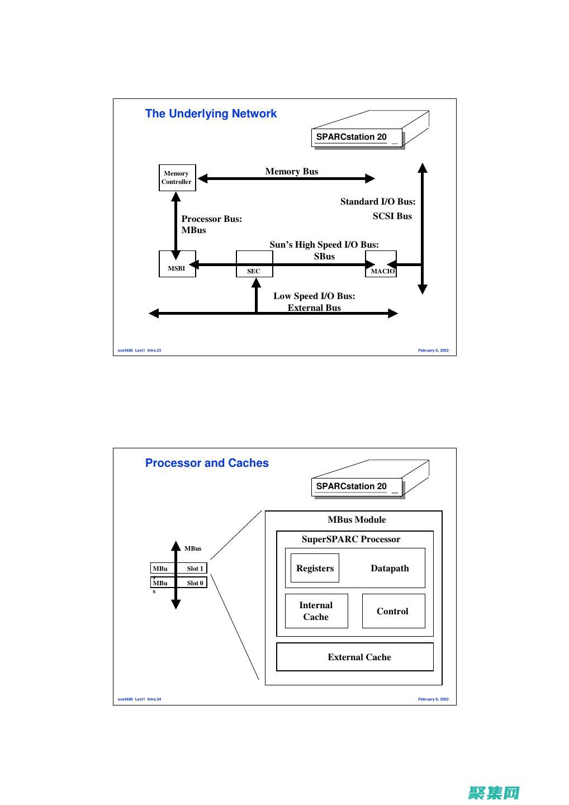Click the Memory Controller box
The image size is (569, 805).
click(x=177, y=178)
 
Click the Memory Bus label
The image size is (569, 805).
click(x=291, y=172)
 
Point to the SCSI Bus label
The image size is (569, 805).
click(x=392, y=216)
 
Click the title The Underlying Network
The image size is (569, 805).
click(x=211, y=113)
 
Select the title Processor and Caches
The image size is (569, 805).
click(x=207, y=463)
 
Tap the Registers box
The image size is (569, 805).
click(x=315, y=568)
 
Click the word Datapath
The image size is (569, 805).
click(x=390, y=569)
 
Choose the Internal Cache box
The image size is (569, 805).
click(x=316, y=611)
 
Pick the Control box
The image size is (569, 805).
click(x=393, y=611)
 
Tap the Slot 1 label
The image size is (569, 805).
click(x=195, y=569)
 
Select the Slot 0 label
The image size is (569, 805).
click(x=195, y=583)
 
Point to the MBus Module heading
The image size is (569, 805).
click(x=357, y=519)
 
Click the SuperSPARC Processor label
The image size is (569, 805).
click(x=350, y=539)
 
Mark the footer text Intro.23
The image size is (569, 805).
click(x=154, y=351)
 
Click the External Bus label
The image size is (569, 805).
click(x=314, y=308)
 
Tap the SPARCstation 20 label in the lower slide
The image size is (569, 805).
click(x=352, y=486)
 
